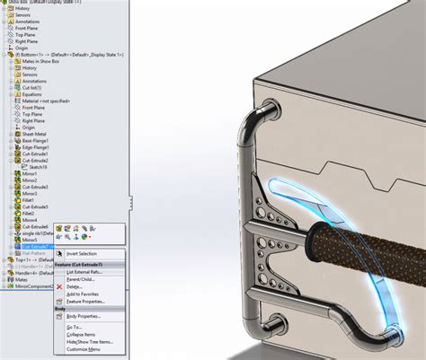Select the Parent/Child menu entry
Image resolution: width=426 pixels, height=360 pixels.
coord(82,278)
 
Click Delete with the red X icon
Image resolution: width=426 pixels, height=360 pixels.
coord(76,286)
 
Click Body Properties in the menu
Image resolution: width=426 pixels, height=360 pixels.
coord(84,316)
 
